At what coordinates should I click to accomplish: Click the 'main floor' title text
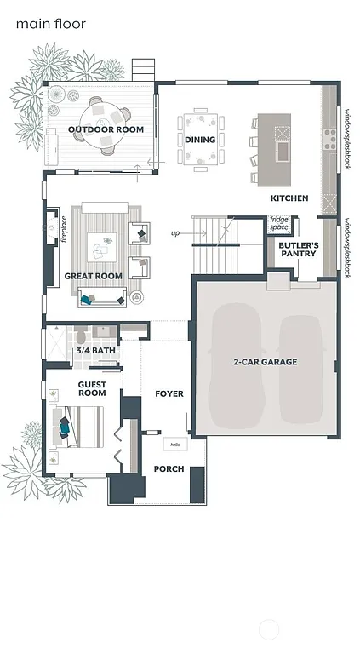coord(50,25)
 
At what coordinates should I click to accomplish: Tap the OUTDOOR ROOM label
coord(106,129)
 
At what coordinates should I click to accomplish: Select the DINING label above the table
coord(200,140)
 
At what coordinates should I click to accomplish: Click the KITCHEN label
coord(289,198)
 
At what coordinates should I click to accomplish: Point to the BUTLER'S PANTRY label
coord(298,250)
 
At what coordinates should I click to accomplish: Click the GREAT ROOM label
coord(93,276)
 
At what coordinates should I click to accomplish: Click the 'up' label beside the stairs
coord(175,232)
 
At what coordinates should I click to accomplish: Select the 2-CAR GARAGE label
coord(266,362)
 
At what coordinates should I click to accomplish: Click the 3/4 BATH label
coord(95,350)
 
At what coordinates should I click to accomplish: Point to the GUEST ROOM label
coord(92,388)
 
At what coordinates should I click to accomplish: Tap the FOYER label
coord(169,394)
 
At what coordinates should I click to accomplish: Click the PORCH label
coord(169,469)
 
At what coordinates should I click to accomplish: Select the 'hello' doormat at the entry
coord(175,445)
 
